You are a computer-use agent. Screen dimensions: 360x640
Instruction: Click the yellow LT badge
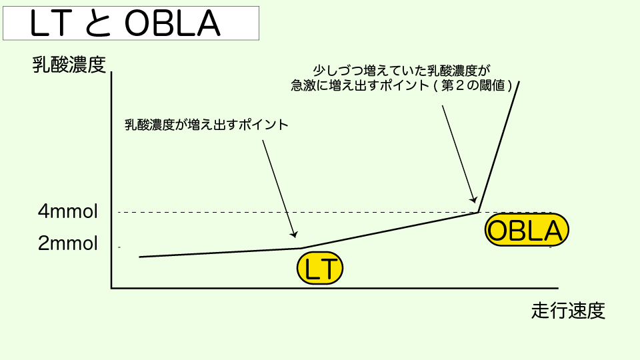click(320, 269)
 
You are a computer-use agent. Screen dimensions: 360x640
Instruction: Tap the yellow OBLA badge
click(527, 231)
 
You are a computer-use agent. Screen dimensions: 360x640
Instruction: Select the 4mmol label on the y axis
click(68, 213)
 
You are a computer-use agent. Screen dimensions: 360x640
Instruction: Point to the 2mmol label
click(68, 243)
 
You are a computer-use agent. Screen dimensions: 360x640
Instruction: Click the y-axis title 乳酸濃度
click(69, 65)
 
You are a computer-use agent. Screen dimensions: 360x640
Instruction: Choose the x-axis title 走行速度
click(569, 311)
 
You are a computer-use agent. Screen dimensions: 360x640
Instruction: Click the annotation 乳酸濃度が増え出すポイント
click(207, 125)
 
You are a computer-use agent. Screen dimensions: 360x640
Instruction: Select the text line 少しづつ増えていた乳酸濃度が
click(401, 69)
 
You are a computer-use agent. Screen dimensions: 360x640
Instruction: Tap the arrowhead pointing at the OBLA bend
click(473, 199)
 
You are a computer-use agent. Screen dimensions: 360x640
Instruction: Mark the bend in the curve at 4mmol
click(479, 212)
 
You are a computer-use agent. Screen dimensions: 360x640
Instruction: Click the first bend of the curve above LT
click(301, 248)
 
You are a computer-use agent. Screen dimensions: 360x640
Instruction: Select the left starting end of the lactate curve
click(140, 257)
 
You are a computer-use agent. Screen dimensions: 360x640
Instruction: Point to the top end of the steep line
click(519, 82)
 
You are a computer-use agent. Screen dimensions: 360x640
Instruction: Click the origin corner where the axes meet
click(112, 288)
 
